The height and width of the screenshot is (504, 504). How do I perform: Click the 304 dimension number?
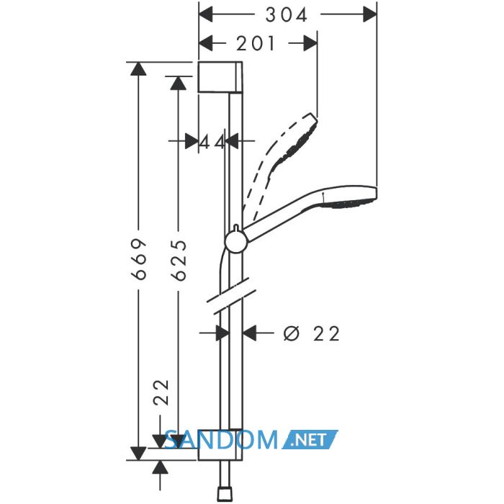[287, 15]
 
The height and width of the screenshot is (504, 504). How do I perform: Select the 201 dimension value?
[256, 43]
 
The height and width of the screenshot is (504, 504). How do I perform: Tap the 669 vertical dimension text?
[139, 259]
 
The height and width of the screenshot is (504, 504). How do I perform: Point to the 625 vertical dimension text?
[179, 261]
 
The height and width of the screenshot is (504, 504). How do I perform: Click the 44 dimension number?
[212, 142]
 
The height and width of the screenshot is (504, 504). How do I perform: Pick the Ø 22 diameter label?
[311, 333]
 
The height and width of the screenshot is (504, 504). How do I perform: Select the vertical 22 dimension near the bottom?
[161, 393]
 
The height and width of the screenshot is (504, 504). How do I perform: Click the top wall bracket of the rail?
[220, 77]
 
